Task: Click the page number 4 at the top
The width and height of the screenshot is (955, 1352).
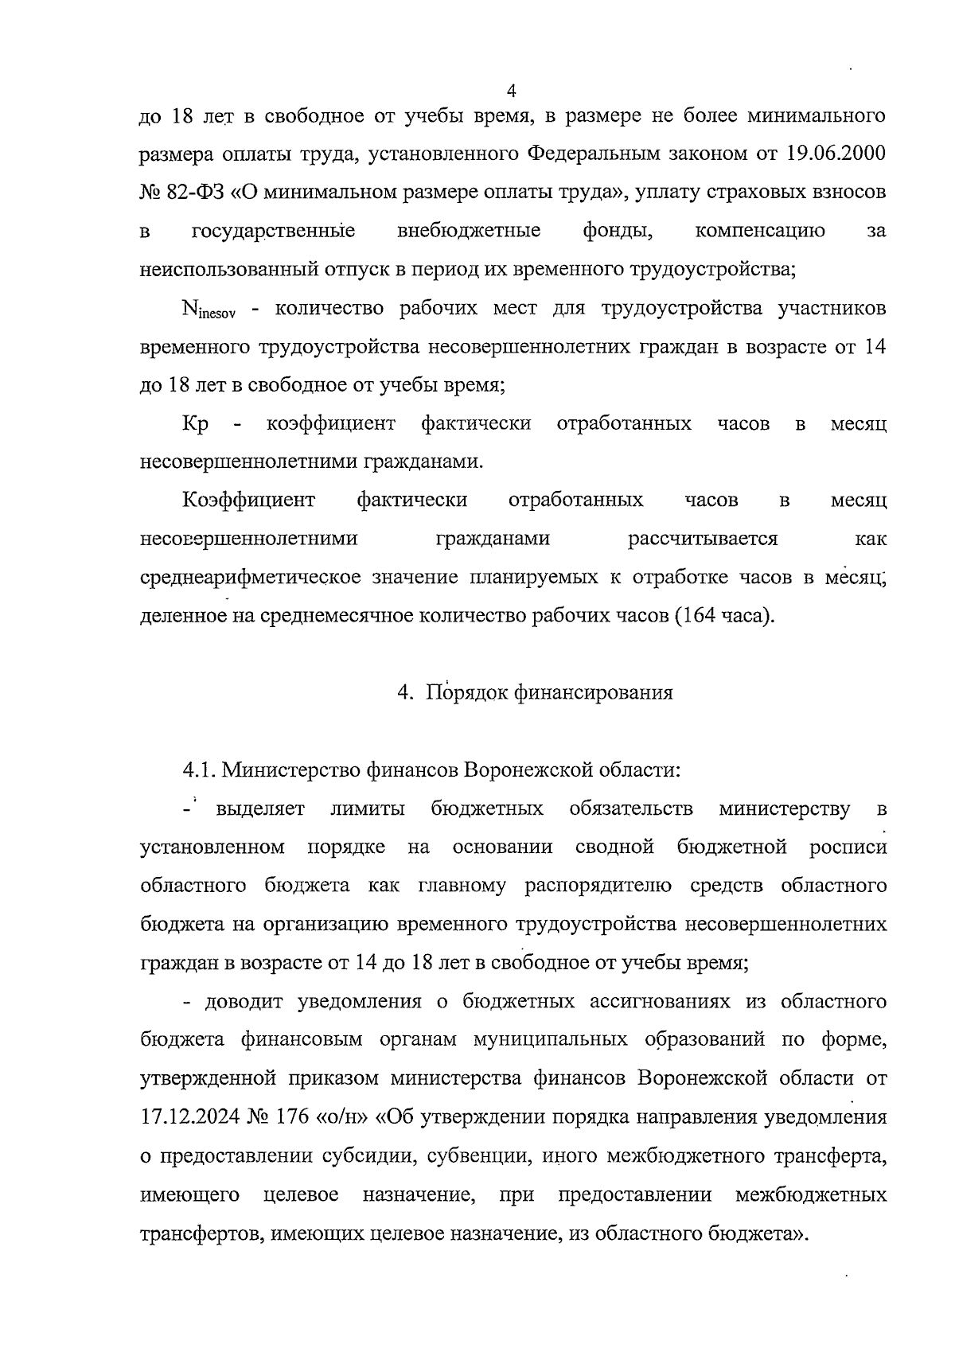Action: [511, 89]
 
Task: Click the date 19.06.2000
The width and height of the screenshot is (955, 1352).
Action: [835, 154]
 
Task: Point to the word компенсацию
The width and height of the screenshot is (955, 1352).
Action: [760, 232]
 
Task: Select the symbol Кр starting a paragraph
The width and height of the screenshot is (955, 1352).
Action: [196, 424]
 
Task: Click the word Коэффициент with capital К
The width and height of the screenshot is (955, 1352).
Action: [248, 501]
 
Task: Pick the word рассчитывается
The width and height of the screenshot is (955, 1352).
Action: [703, 539]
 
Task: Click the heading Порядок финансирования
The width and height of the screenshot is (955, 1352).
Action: [549, 693]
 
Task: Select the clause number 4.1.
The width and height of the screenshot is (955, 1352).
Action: [198, 770]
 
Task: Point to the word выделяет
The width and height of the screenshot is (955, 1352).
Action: [260, 809]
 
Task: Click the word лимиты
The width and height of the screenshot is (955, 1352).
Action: [368, 809]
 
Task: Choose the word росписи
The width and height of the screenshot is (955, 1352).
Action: [848, 847]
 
